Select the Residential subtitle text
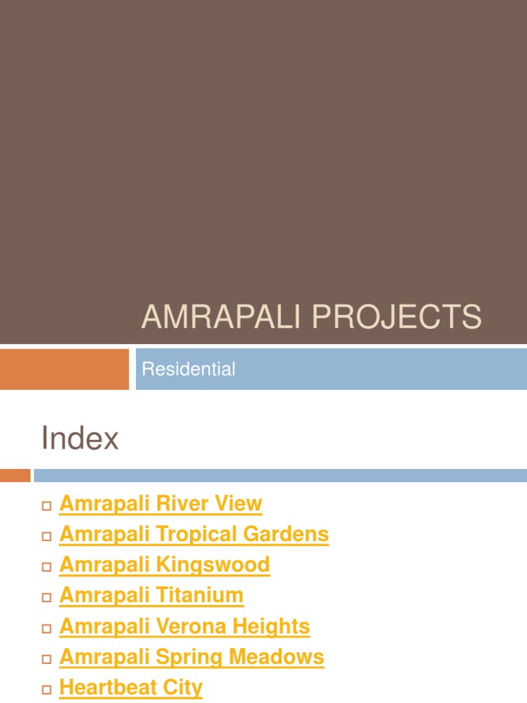pyautogui.click(x=188, y=369)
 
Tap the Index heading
pyautogui.click(x=80, y=438)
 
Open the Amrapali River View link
pyautogui.click(x=161, y=504)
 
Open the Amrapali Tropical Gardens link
pyautogui.click(x=194, y=534)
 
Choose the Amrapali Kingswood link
pyautogui.click(x=165, y=565)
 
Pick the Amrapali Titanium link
pyautogui.click(x=151, y=595)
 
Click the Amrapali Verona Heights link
pyautogui.click(x=185, y=626)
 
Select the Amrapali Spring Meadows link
pyautogui.click(x=191, y=657)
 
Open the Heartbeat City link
pyautogui.click(x=131, y=687)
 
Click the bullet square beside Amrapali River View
pyautogui.click(x=47, y=506)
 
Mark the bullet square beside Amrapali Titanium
pyautogui.click(x=47, y=598)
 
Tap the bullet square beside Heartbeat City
pyautogui.click(x=47, y=689)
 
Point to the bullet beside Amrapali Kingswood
pyautogui.click(x=47, y=567)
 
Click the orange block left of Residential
pyautogui.click(x=64, y=369)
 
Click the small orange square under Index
pyautogui.click(x=15, y=475)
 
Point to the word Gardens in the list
pyautogui.click(x=290, y=534)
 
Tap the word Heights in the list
pyautogui.click(x=270, y=626)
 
